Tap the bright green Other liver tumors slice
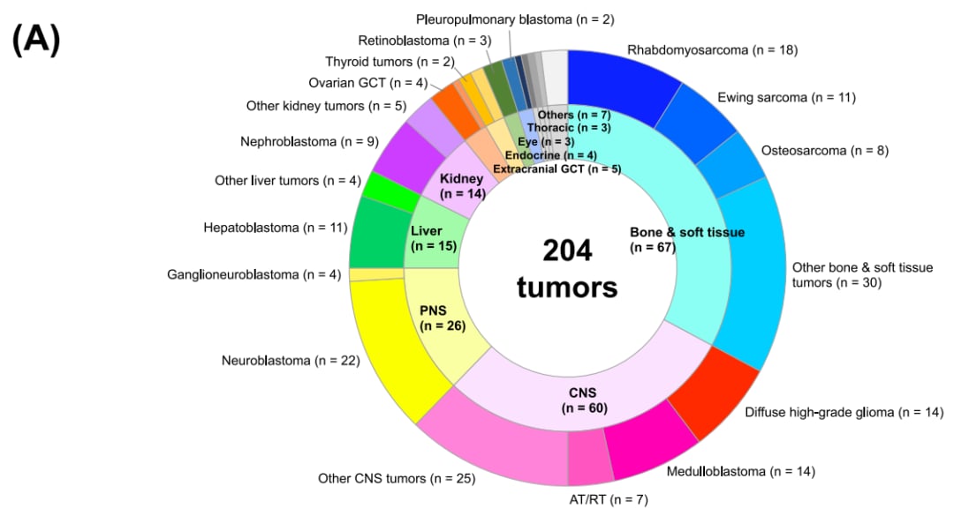(x=390, y=191)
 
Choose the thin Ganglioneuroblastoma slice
(x=376, y=274)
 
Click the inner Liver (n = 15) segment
(x=434, y=237)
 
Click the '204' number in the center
(x=567, y=251)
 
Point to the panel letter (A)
(x=36, y=39)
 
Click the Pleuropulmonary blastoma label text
(x=494, y=19)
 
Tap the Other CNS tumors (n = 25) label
(x=397, y=479)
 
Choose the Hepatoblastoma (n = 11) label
(x=276, y=228)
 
